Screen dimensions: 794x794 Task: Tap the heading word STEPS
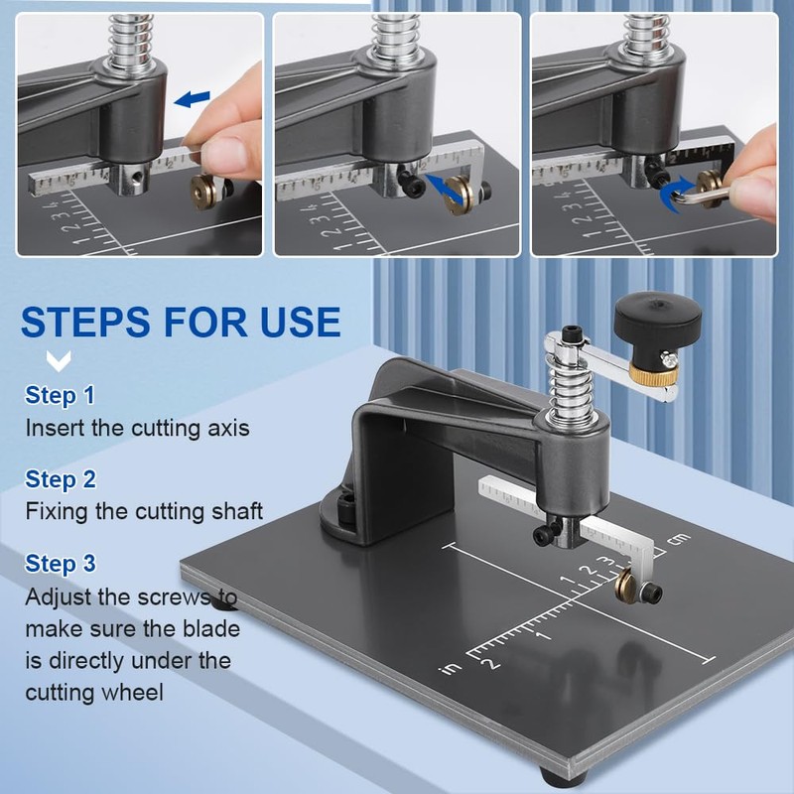[x=85, y=322]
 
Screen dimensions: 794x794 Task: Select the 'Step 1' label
[x=60, y=395]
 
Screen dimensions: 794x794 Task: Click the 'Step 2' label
[x=61, y=479]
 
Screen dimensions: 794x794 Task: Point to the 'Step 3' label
[x=61, y=563]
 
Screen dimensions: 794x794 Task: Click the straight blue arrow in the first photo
[x=192, y=98]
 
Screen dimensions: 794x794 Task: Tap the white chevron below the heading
[x=59, y=360]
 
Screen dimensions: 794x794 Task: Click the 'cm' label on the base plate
[x=679, y=539]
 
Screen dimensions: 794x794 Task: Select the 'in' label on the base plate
[x=451, y=668]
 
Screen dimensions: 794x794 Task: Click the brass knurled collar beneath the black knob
[x=654, y=375]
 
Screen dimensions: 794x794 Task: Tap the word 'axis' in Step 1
[x=228, y=429]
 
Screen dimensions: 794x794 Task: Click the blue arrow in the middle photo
[x=444, y=189]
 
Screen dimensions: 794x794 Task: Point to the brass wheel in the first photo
[x=201, y=191]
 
